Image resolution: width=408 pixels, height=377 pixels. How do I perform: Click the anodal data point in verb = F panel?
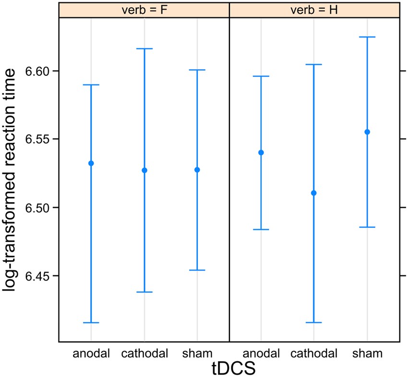pos(91,163)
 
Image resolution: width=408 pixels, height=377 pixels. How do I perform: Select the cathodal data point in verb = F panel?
pos(144,170)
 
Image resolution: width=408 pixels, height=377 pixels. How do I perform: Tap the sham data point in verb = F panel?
pos(197,170)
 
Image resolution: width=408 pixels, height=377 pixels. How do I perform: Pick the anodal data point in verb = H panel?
pos(261,153)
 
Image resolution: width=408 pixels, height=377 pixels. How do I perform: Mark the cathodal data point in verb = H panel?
pos(314,193)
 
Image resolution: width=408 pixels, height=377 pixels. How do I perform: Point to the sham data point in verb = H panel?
pos(367,132)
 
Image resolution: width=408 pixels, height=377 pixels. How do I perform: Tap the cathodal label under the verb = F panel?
pos(144,354)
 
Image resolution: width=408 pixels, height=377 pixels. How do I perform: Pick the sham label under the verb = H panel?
pos(367,354)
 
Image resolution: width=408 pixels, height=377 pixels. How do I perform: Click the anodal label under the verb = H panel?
pos(261,354)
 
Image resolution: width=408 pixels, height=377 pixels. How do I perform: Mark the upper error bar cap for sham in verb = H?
pos(367,37)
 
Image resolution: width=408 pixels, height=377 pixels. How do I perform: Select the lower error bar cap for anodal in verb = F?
pos(91,323)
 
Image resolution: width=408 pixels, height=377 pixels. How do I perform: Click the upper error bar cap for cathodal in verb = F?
pos(144,49)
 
